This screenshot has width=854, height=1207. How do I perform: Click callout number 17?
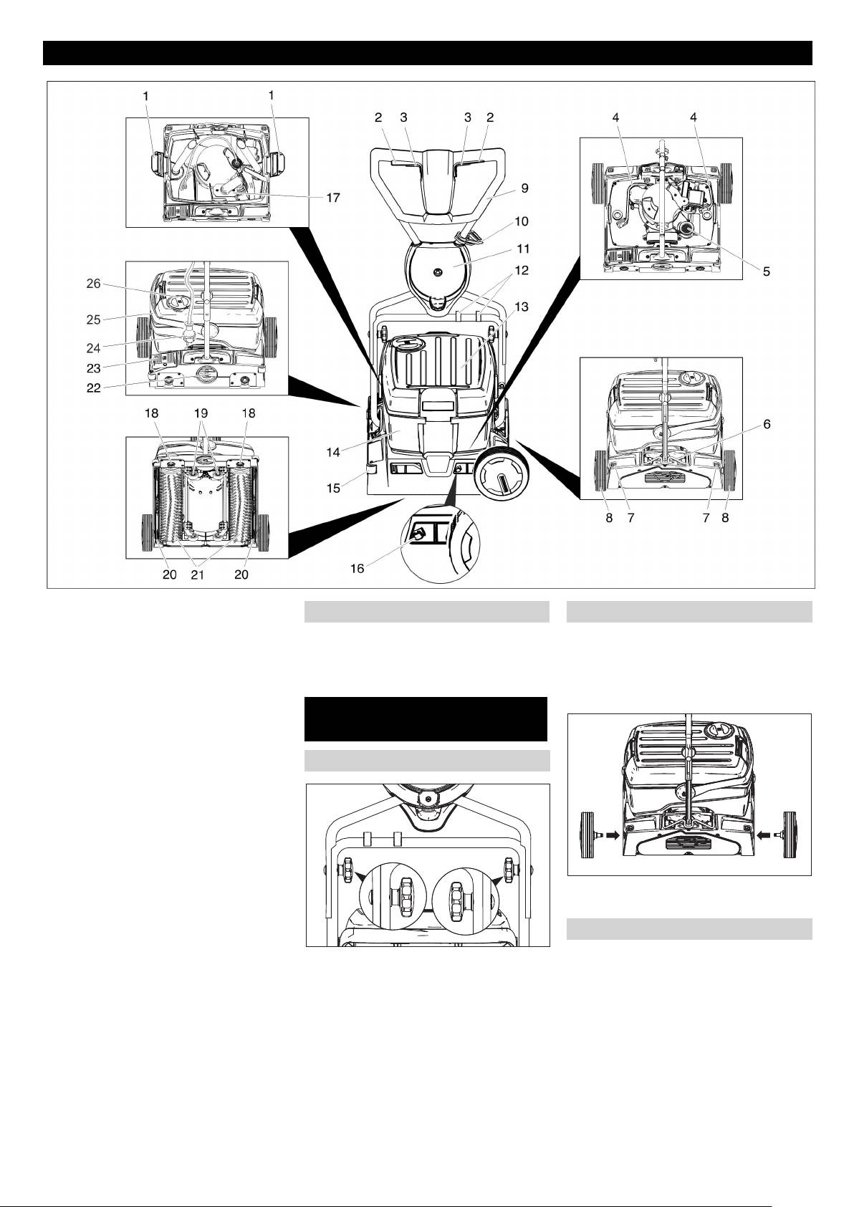point(332,197)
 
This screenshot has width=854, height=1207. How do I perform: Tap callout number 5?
point(766,272)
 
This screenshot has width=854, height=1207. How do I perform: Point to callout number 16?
point(357,568)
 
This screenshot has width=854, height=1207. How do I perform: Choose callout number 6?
point(767,424)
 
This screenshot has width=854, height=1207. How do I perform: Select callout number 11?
point(523,249)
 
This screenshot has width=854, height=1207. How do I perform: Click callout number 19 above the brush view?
point(205,413)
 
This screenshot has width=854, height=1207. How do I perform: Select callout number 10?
point(522,221)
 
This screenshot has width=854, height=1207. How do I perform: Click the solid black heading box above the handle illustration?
point(426,718)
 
